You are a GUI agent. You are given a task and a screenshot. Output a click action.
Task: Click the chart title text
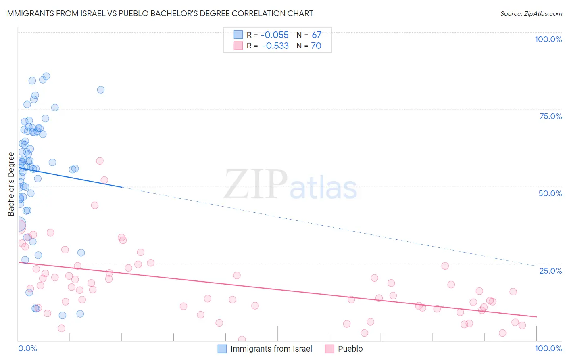click(x=159, y=13)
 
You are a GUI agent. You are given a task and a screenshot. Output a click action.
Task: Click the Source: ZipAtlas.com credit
click(x=531, y=14)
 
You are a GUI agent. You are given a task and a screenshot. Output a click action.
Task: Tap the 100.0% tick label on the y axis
click(x=548, y=39)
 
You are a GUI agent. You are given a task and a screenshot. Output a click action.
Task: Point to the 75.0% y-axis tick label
click(x=550, y=116)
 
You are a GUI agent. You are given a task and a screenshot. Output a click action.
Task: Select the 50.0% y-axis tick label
click(x=550, y=193)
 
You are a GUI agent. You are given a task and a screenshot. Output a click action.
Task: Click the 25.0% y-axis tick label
click(x=550, y=271)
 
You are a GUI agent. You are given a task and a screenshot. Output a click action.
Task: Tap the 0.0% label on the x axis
click(x=27, y=348)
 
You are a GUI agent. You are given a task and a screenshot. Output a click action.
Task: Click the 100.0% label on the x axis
click(x=548, y=348)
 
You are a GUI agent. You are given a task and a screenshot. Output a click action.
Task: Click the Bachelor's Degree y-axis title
click(x=11, y=184)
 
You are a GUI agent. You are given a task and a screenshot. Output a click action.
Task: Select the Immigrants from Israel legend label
click(x=271, y=349)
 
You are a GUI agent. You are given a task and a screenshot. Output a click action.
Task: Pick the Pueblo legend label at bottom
click(x=350, y=349)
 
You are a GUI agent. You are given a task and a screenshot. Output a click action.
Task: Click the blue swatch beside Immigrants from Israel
click(x=222, y=349)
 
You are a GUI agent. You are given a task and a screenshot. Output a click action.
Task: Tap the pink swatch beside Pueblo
click(x=329, y=349)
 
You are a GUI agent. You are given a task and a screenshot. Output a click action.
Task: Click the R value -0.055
click(x=275, y=35)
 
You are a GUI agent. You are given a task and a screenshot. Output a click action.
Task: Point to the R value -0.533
click(x=275, y=46)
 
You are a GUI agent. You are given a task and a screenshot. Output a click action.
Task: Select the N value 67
click(x=316, y=35)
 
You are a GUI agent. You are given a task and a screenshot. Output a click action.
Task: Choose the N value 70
click(x=316, y=46)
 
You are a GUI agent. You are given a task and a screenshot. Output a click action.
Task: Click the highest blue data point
click(x=46, y=76)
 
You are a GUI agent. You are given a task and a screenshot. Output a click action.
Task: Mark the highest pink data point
click(x=100, y=161)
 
